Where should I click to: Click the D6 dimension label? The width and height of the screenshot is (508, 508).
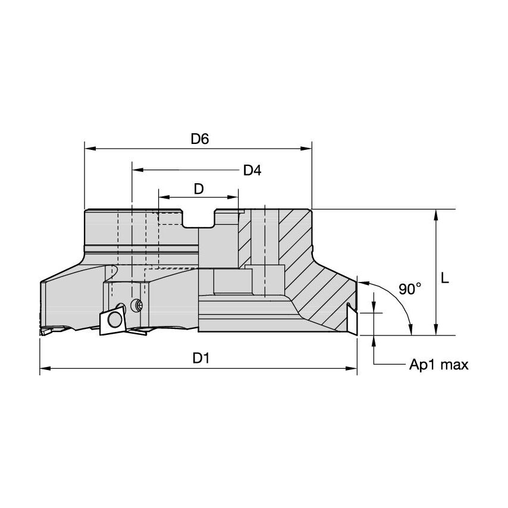click(x=199, y=139)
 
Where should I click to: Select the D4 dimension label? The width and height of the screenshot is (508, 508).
click(x=252, y=170)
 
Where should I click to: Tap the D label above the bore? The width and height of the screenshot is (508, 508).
click(x=199, y=189)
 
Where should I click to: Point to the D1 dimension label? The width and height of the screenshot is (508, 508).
click(x=200, y=358)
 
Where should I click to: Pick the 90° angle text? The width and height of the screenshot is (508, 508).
click(x=410, y=290)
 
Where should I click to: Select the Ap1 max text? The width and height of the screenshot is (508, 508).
click(x=438, y=365)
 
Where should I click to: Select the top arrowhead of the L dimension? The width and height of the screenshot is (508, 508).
click(x=437, y=215)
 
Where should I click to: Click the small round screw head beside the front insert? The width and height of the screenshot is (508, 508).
click(x=139, y=306)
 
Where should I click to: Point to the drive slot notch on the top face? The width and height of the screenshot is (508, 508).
click(x=199, y=219)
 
